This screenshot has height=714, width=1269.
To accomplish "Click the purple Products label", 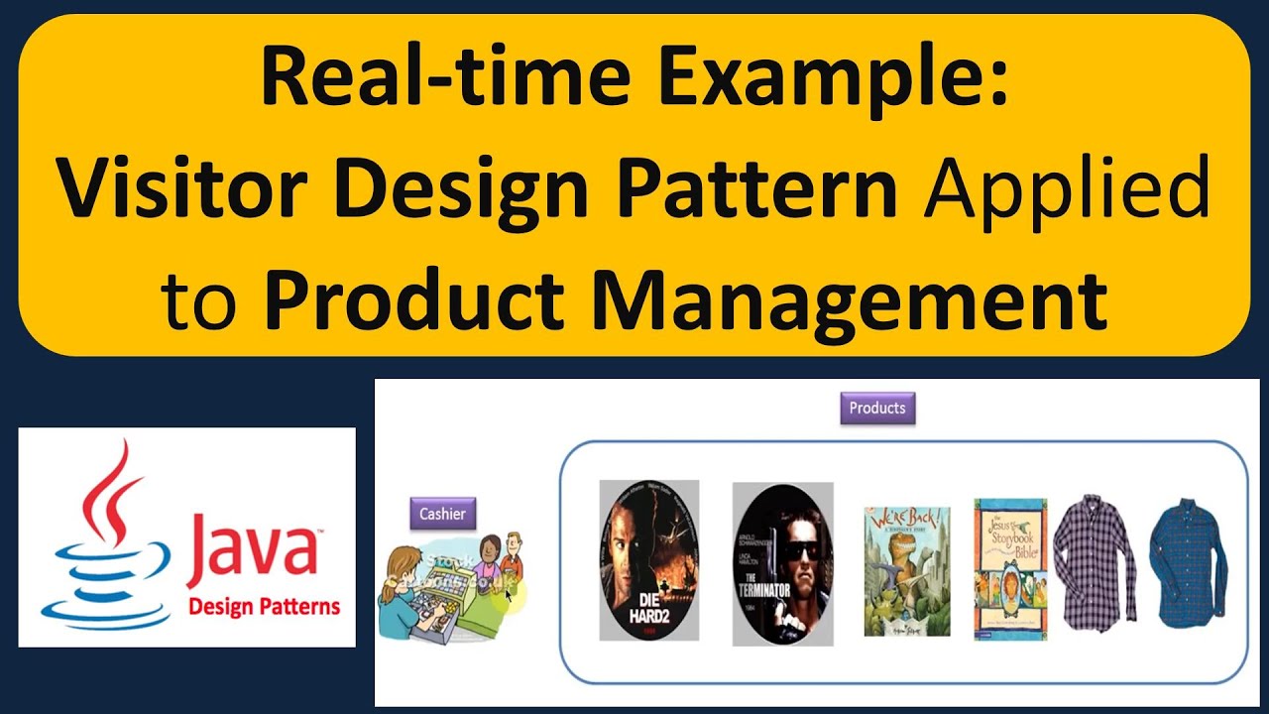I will [x=877, y=408].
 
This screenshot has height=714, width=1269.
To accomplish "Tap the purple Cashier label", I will [x=442, y=514].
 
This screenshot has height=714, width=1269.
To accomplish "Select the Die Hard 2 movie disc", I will [x=648, y=560].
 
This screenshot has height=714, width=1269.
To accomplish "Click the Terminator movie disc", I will [x=782, y=564].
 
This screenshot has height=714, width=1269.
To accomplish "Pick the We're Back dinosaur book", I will [x=907, y=570].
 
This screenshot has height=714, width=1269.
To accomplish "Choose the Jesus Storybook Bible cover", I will [x=1010, y=568].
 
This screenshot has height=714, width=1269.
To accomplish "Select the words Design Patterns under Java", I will [x=264, y=606].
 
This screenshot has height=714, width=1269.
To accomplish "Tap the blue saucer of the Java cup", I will [x=94, y=612].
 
